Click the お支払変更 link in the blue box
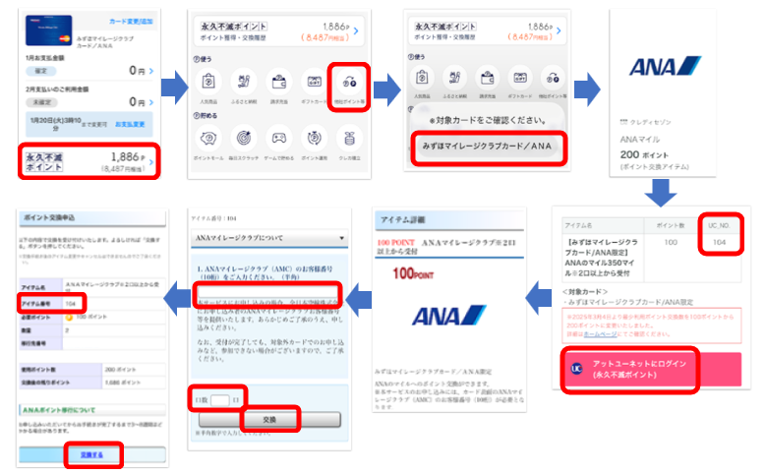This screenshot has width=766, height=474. coord(130,124)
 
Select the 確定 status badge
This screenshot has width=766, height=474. coord(40,71)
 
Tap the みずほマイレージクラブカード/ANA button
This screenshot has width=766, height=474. coord(486,147)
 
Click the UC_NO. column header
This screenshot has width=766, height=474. coord(721,225)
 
